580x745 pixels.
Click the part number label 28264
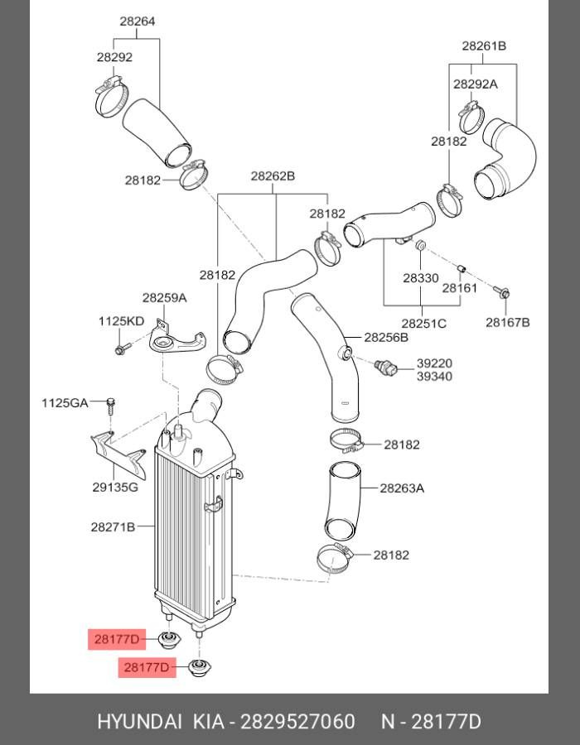tap(137, 22)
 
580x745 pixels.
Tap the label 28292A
tap(475, 84)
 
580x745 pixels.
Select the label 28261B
tap(484, 46)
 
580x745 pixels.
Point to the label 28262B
tap(273, 176)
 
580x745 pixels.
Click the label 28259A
tap(164, 297)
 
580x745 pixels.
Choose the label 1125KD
tap(122, 320)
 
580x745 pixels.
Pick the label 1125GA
tap(65, 403)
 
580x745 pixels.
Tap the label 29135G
tap(115, 488)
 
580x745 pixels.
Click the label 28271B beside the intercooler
tap(114, 526)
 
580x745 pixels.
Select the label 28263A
tap(402, 488)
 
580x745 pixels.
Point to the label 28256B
tap(387, 338)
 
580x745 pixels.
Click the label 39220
tap(434, 363)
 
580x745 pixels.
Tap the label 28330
tap(421, 278)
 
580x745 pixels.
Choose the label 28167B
tap(507, 322)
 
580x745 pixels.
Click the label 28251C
tap(423, 323)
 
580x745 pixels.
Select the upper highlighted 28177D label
tap(117, 638)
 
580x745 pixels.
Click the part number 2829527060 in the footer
tap(297, 721)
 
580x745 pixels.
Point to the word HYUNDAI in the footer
tap(139, 721)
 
